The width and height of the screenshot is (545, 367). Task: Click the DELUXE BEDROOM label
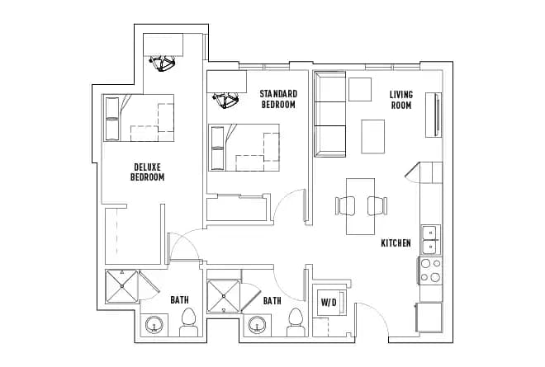pos(149,172)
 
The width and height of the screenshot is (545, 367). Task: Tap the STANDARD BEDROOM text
pos(278,99)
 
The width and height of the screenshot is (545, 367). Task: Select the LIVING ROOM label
pos(401,99)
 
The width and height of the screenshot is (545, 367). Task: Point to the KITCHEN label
pos(396,243)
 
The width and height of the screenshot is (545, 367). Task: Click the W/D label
pos(328,302)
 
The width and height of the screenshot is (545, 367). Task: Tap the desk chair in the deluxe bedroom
pos(164,63)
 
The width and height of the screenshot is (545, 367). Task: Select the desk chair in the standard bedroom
pos(225,101)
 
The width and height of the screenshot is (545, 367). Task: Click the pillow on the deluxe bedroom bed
pos(111,118)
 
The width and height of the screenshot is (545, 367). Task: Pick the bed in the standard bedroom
pos(245,148)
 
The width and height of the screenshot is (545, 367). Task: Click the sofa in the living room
pos(330,114)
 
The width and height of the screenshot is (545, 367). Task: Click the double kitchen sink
pos(430,239)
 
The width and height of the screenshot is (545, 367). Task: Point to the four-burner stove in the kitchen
pos(430,271)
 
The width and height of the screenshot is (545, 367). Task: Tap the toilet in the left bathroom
pos(188,322)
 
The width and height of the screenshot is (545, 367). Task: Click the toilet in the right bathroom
pos(295,323)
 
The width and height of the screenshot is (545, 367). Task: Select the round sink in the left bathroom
pos(154,327)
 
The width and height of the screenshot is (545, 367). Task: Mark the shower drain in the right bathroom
pos(223,296)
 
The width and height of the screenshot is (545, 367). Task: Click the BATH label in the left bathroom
pos(179,300)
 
